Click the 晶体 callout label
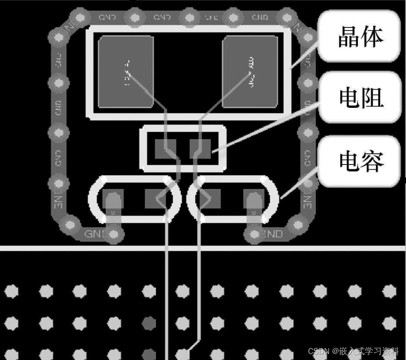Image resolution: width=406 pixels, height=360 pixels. click(360, 37)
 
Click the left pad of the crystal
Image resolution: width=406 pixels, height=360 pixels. click(125, 72)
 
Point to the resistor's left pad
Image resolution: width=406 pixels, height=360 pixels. click(165, 149)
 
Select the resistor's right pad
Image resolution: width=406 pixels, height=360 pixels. click(200, 149)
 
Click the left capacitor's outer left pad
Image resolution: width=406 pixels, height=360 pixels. click(113, 199)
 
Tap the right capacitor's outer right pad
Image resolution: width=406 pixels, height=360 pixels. click(253, 199)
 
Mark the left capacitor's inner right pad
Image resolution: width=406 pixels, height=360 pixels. click(155, 198)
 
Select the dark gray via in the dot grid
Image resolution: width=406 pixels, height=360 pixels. click(149, 322)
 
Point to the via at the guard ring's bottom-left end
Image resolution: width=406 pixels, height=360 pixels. click(114, 234)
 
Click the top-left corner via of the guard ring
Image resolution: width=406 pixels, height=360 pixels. click(80, 18)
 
